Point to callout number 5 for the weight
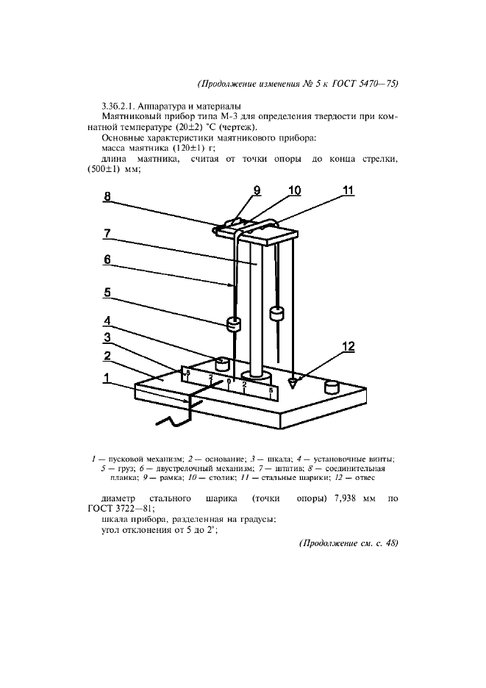click(x=107, y=292)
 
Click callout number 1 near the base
click(x=107, y=379)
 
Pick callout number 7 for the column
click(x=107, y=233)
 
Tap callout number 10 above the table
click(x=295, y=190)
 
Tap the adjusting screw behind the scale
click(x=221, y=363)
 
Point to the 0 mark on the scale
click(x=229, y=381)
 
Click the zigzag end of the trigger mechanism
click(x=171, y=421)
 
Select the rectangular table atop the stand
click(x=265, y=234)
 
